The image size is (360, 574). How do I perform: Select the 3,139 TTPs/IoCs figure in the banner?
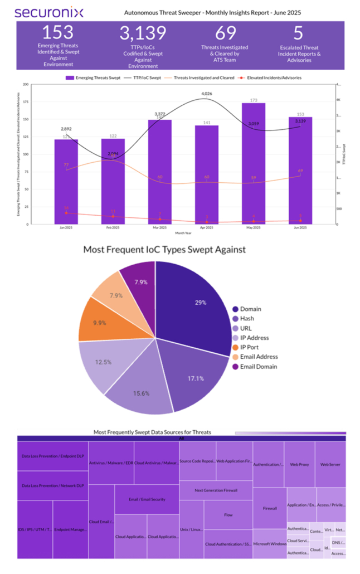(x=143, y=32)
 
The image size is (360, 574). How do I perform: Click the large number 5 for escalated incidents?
(x=299, y=32)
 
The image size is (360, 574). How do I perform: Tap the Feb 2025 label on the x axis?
(x=113, y=228)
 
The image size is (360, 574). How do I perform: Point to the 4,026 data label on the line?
(x=207, y=94)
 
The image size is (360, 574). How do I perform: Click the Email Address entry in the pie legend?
(x=259, y=357)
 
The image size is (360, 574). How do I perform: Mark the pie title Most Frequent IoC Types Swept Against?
(x=164, y=250)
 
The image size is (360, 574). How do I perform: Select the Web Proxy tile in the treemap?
(x=299, y=464)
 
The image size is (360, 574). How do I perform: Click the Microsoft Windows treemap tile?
(x=270, y=543)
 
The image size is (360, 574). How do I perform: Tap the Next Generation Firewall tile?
(x=216, y=490)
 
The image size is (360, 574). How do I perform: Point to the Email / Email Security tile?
(x=147, y=499)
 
